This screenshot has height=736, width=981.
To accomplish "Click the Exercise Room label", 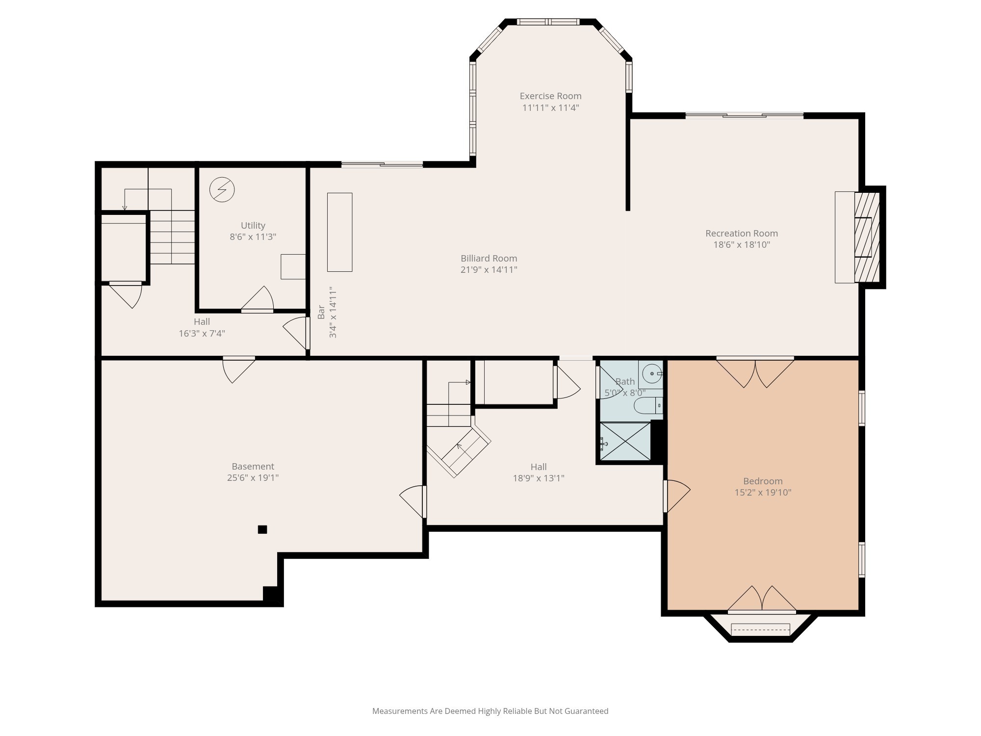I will pyautogui.click(x=550, y=96).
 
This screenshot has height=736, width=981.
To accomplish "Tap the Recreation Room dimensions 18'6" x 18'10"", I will pyautogui.click(x=741, y=245).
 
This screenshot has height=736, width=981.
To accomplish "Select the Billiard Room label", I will pyautogui.click(x=489, y=258).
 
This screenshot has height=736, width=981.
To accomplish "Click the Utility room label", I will pyautogui.click(x=253, y=226).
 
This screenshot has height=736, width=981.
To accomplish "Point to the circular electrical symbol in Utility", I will pyautogui.click(x=222, y=189).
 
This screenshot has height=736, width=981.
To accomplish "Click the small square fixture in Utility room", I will pyautogui.click(x=293, y=266).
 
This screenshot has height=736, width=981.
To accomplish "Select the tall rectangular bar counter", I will pyautogui.click(x=339, y=232).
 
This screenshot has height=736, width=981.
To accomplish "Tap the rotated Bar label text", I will pyautogui.click(x=321, y=312).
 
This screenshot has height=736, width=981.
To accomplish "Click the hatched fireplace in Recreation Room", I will pyautogui.click(x=867, y=237).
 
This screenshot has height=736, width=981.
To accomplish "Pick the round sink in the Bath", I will pyautogui.click(x=652, y=374).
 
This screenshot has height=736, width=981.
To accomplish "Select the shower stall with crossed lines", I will pyautogui.click(x=625, y=442).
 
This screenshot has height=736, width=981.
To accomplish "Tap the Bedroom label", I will pyautogui.click(x=762, y=481).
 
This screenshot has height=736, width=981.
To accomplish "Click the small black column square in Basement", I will pyautogui.click(x=262, y=529).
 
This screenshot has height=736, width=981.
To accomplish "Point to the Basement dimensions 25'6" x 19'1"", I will pyautogui.click(x=253, y=478).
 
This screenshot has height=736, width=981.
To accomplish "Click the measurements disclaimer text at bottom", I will pyautogui.click(x=490, y=711).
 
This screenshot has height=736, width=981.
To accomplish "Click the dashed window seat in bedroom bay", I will pyautogui.click(x=760, y=629).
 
